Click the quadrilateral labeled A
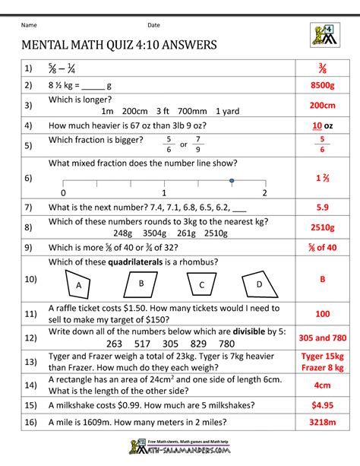78,284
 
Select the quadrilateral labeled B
141,283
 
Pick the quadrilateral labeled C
201,285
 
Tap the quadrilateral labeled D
258,284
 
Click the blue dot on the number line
231,180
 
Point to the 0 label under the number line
63,193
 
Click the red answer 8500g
322,86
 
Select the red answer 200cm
322,106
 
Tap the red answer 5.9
322,207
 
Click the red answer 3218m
322,423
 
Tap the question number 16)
30,423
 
